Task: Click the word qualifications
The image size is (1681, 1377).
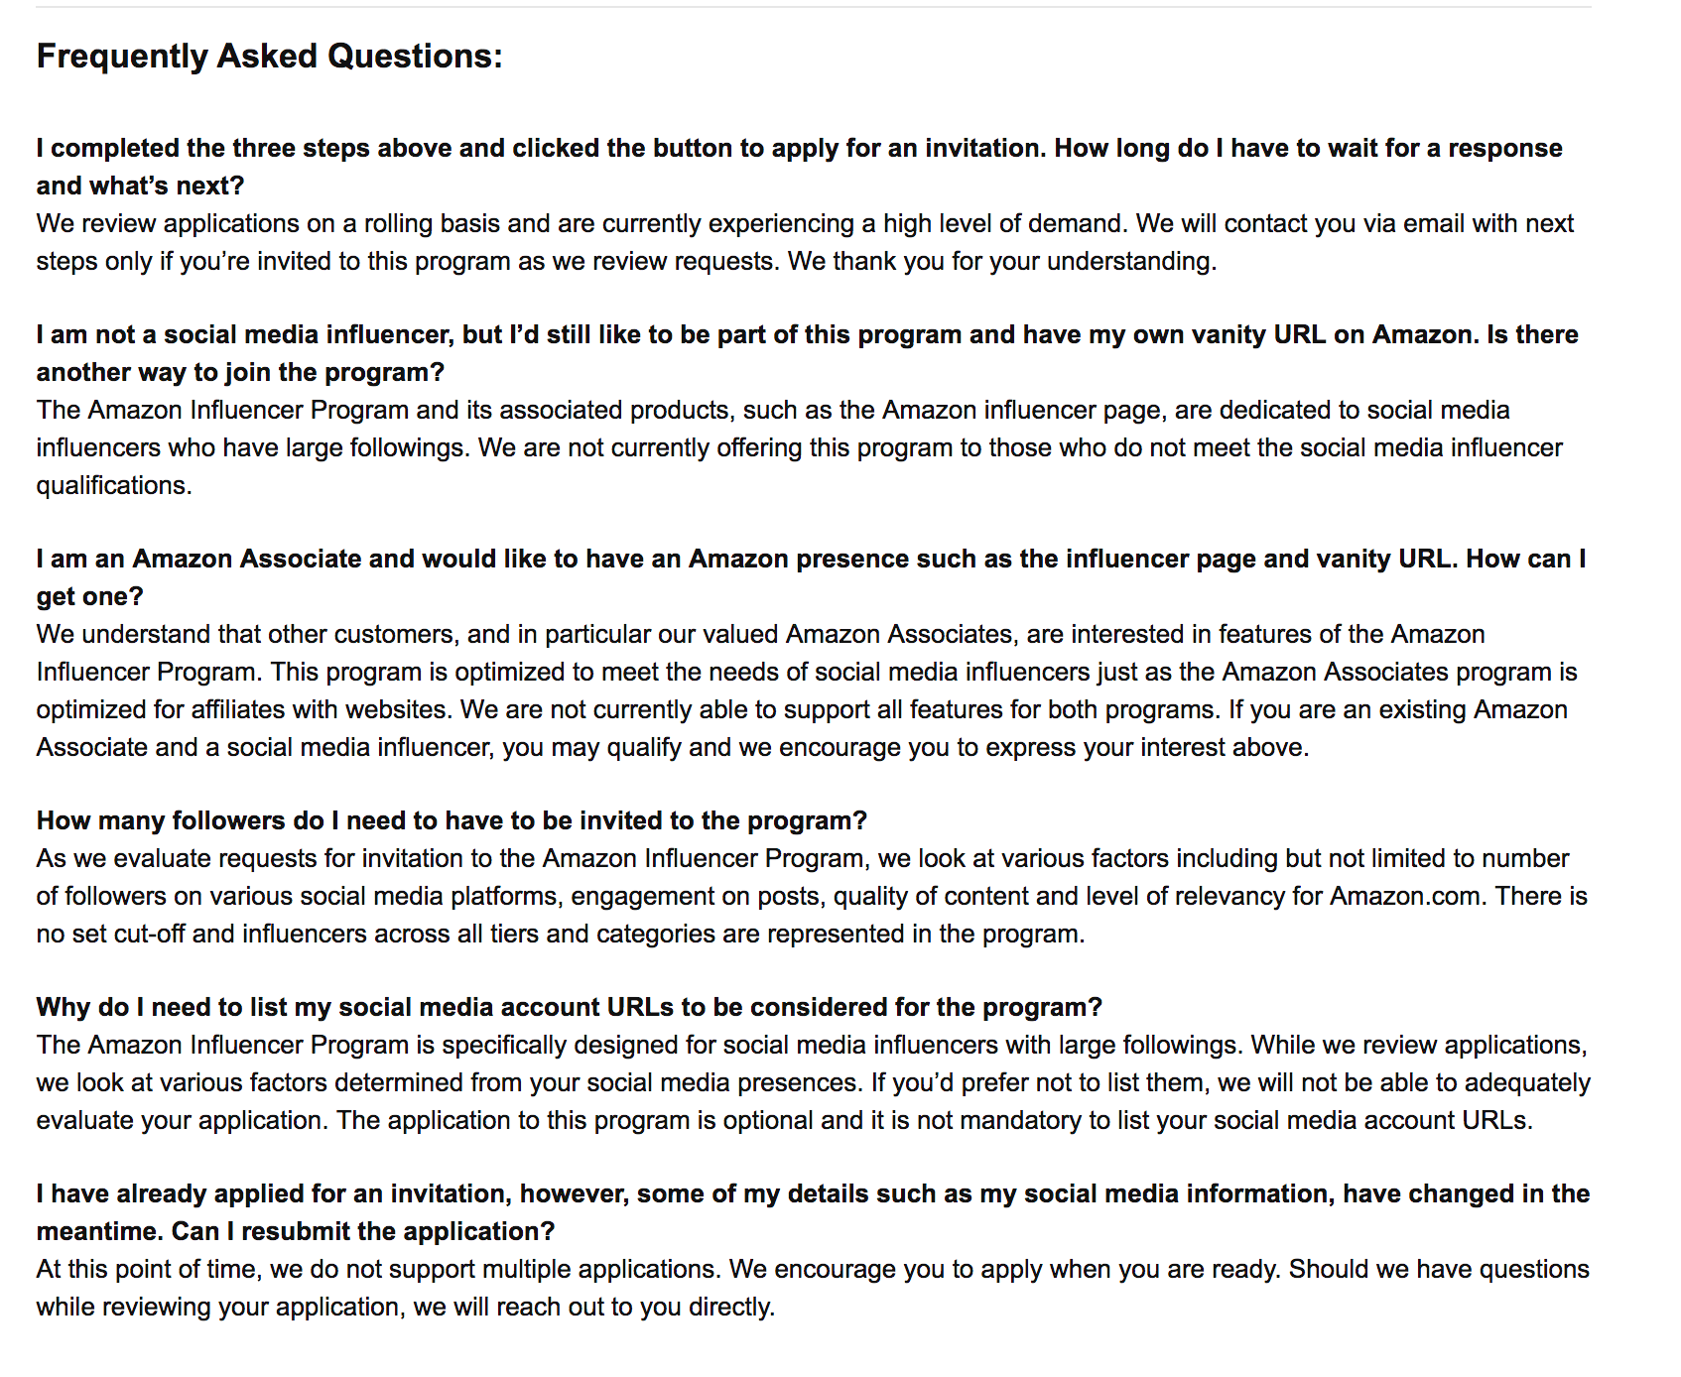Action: tap(113, 485)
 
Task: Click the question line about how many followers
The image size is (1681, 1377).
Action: tap(452, 820)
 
